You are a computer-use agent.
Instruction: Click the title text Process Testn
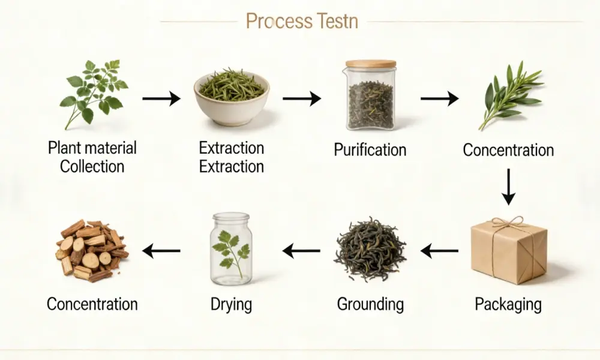[302, 22]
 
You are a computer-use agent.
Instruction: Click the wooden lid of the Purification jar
[370, 64]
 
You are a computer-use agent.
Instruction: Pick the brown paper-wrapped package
[509, 252]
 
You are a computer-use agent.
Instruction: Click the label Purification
[370, 149]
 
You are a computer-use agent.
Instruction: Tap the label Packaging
[508, 304]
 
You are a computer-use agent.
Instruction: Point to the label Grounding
[370, 304]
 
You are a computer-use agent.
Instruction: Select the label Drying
[231, 304]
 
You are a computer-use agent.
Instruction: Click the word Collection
[92, 166]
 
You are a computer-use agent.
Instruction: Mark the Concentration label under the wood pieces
[92, 304]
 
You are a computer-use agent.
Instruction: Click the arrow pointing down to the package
[508, 187]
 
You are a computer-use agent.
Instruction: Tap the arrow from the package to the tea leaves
[439, 251]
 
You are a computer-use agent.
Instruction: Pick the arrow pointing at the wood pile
[161, 251]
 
